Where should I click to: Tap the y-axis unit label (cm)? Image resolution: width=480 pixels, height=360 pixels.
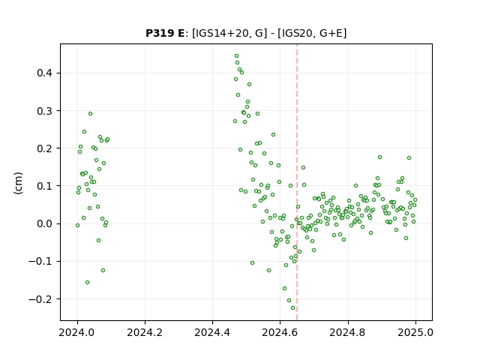click(18, 183)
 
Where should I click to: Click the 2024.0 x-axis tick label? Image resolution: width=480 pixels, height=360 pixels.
click(77, 332)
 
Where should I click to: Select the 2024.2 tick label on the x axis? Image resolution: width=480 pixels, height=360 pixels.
click(145, 332)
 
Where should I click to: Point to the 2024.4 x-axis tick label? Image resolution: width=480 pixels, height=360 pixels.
click(212, 332)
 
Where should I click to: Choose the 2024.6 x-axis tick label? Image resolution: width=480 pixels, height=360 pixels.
click(280, 332)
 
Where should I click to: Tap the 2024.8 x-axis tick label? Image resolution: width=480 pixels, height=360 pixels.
click(348, 332)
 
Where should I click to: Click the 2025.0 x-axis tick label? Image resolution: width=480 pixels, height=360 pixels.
click(415, 332)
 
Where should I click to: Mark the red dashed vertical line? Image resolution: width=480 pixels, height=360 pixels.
click(297, 182)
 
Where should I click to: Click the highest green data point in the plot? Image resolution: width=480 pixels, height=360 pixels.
click(237, 56)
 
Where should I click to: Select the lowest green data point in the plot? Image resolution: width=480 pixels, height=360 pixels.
click(293, 308)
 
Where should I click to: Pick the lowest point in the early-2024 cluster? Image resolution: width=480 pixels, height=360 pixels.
click(87, 282)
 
